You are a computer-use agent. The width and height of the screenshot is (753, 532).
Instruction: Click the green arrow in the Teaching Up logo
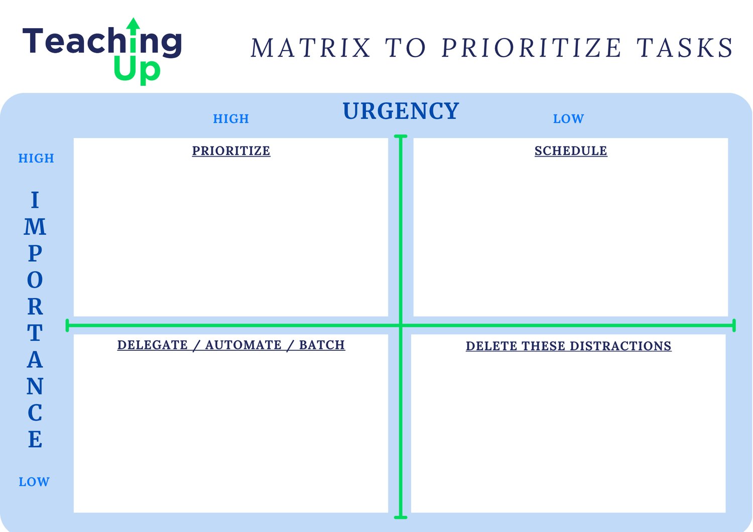pos(134,35)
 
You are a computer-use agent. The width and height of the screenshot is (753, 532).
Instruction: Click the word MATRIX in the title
pos(311,48)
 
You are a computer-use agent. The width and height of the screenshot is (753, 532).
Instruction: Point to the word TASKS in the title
pos(684,48)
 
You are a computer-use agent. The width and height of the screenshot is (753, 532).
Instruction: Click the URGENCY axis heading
pos(401,111)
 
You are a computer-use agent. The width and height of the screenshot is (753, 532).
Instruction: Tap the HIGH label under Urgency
pos(231,118)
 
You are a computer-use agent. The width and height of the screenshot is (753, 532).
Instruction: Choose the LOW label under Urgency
pos(568,118)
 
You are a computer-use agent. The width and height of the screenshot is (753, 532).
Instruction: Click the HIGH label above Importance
pos(36,158)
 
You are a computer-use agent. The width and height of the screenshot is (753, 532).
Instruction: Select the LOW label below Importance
pos(34,482)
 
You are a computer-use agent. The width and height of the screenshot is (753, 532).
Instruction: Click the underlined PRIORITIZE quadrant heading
pos(231,151)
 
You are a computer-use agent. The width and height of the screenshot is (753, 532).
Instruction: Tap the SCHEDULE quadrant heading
pos(571,151)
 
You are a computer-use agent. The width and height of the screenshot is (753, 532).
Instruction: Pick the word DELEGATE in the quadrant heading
pos(152,345)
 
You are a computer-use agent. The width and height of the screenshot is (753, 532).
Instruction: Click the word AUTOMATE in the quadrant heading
pos(243,345)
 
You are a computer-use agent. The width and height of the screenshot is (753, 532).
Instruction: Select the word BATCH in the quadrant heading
pos(322,345)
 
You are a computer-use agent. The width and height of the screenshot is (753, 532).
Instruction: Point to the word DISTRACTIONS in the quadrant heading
pos(620,346)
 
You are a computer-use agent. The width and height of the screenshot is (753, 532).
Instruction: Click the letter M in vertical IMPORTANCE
pos(35,226)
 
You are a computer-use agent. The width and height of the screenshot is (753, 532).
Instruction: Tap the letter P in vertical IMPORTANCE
pos(35,253)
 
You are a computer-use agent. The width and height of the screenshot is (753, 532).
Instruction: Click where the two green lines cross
pos(401,325)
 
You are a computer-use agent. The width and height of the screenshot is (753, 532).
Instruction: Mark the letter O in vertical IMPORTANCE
pos(35,280)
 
